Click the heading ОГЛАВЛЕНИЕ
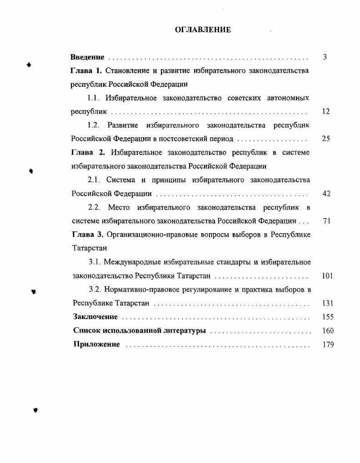click(x=203, y=30)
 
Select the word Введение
click(x=87, y=57)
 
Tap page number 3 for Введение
click(x=325, y=57)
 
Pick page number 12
click(x=325, y=112)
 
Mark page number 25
click(x=325, y=139)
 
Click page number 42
click(x=326, y=194)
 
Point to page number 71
click(x=326, y=221)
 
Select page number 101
click(x=327, y=276)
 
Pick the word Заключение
click(x=95, y=317)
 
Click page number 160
click(x=328, y=331)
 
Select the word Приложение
click(x=97, y=344)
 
